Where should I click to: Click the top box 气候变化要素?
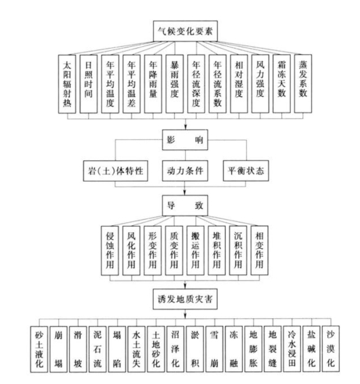pos(185,31)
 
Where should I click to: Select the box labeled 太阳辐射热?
pos(67,84)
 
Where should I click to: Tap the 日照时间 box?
pos(89,84)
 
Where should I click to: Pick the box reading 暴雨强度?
pos(174,84)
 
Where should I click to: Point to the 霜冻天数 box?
pos(281,83)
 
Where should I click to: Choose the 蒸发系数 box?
pos(303,83)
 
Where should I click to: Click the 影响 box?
pos(185,140)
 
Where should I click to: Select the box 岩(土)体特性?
pos(115,171)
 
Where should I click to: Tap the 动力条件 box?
pos(185,171)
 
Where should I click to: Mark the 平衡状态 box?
pos(246,171)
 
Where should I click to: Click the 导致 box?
pos(185,206)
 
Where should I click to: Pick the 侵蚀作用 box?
pos(110,250)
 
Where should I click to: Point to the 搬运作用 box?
pos(195,250)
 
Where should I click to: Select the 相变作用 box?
pos(260,250)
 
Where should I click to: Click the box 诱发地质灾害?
pos(185,299)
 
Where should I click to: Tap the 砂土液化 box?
pos(39,349)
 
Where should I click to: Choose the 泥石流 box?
pos(98,349)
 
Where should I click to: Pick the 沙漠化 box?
pos(331,349)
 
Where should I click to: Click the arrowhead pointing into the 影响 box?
pos(185,128)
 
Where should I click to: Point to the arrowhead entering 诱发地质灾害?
pos(185,286)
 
